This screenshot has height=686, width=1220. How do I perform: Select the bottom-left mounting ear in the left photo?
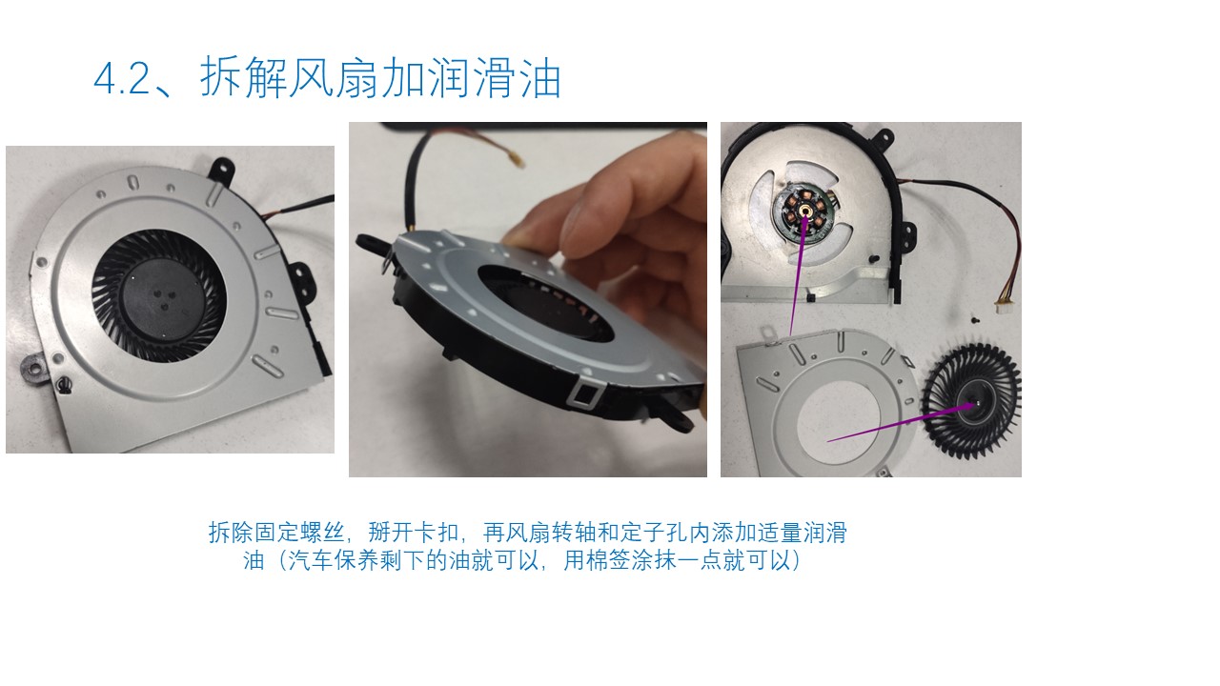34,366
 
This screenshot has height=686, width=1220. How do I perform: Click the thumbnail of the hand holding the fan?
527,299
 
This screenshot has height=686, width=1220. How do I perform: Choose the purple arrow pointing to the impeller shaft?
896,423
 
